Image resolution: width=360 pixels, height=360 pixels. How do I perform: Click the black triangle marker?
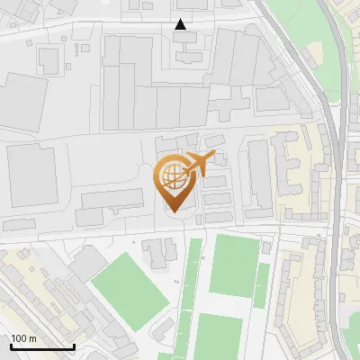pyautogui.click(x=181, y=24)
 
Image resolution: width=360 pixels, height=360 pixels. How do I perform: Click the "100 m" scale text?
pyautogui.click(x=23, y=338)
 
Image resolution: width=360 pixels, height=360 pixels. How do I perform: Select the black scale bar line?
pyautogui.click(x=42, y=346)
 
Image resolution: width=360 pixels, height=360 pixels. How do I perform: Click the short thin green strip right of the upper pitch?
pyautogui.click(x=263, y=284)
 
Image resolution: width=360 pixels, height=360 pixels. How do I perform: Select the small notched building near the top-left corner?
pyautogui.click(x=49, y=60)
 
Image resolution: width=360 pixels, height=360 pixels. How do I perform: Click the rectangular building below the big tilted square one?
pyautogui.click(x=33, y=175)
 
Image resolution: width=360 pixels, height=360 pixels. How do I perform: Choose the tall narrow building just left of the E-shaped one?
pyautogui.click(x=259, y=171)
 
